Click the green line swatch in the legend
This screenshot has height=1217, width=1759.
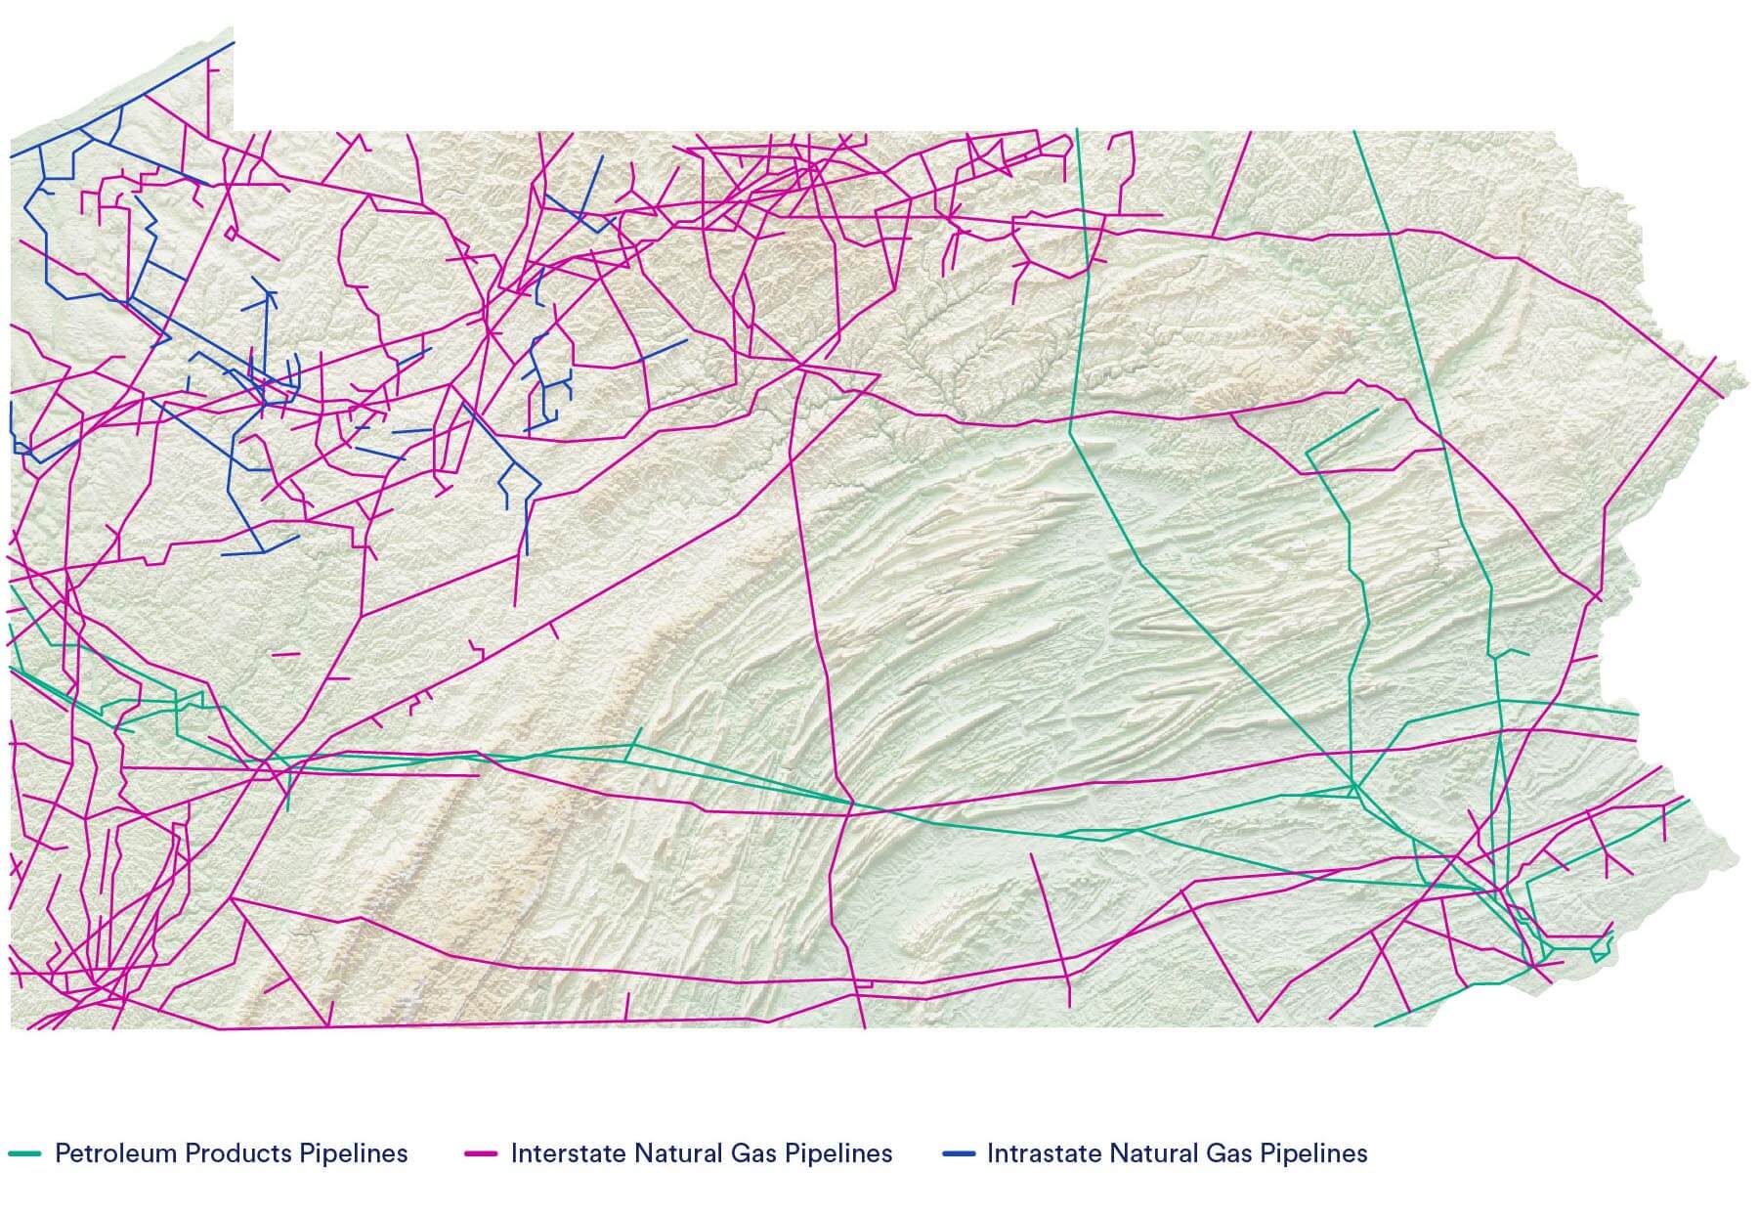(24, 1153)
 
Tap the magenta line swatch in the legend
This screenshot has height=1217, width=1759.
(481, 1153)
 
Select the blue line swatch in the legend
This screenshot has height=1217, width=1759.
(959, 1153)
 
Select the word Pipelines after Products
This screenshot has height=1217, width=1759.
(353, 1153)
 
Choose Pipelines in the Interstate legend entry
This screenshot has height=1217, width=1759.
(838, 1153)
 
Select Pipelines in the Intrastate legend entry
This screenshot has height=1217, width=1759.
(1313, 1153)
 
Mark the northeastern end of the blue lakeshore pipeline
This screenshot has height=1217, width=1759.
(233, 42)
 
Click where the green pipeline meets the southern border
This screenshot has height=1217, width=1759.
(1376, 1025)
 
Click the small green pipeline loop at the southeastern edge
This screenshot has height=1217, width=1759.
(1601, 947)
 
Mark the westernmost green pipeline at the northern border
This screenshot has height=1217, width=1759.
(1077, 130)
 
